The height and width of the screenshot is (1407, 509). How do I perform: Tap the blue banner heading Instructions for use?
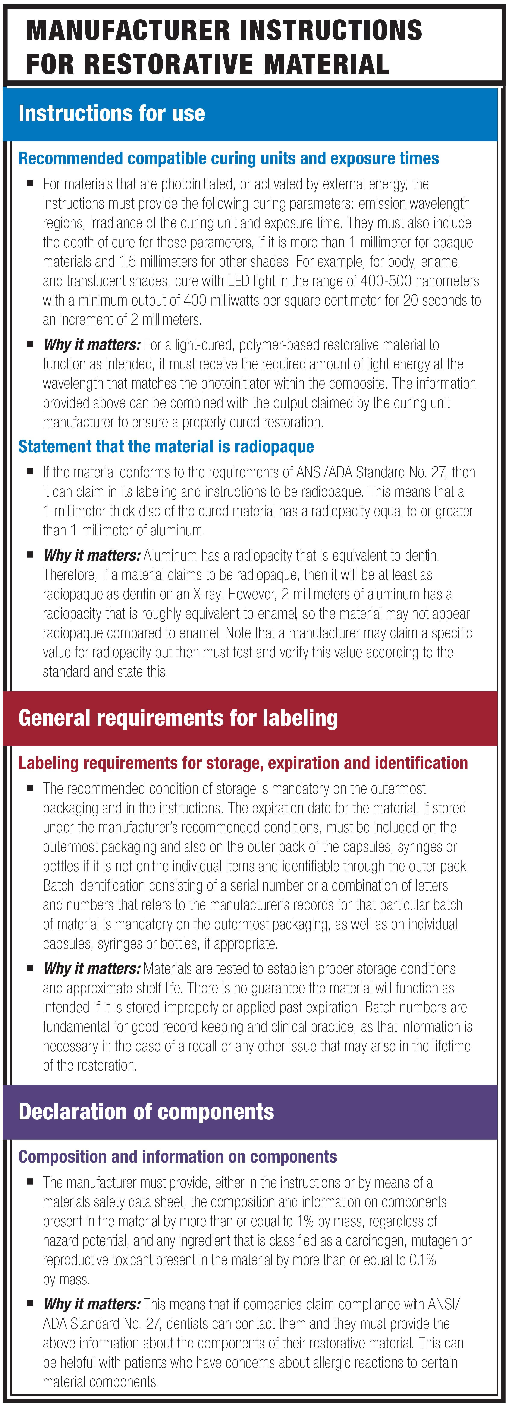[x=112, y=114]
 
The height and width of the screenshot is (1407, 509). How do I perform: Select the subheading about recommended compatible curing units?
[x=228, y=158]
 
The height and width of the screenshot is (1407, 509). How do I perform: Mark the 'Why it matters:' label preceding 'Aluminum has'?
[x=92, y=556]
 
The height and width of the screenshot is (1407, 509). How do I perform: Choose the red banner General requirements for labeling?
[x=178, y=718]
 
